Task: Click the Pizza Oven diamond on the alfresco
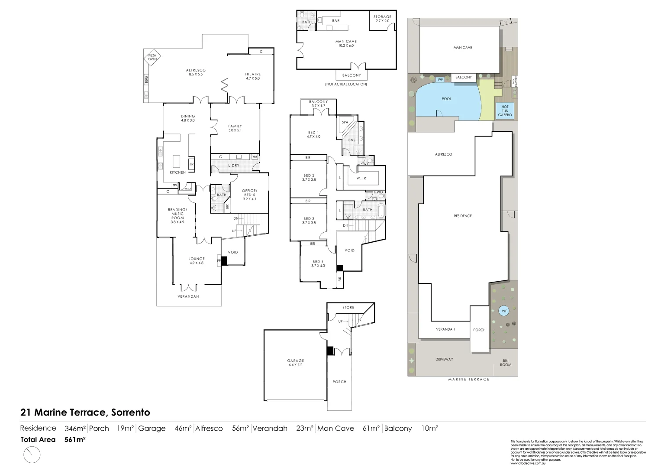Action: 152,57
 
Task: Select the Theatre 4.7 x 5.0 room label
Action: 253,76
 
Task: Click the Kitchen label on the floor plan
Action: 177,172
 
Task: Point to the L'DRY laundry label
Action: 234,166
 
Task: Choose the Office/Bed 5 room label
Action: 249,195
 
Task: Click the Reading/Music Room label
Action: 177,216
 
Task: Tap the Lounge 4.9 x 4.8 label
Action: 197,261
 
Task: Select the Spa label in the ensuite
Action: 345,122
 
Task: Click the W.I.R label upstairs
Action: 361,178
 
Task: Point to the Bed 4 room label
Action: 318,263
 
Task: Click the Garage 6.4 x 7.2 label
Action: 296,363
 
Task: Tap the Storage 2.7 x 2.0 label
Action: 383,19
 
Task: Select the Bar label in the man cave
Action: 336,21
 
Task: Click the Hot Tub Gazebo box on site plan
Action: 505,110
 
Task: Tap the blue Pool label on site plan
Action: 447,99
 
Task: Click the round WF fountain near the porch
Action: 504,311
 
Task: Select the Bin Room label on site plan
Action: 506,363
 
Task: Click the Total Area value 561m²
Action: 75,439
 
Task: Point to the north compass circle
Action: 32,455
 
